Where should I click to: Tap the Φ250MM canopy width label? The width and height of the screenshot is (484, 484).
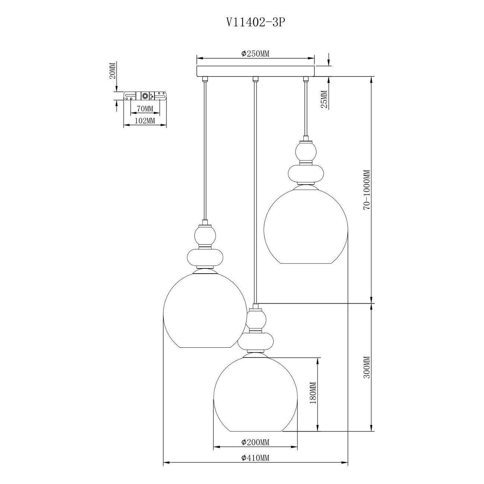coord(255,54)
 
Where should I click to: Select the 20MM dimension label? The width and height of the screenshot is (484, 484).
coord(113,71)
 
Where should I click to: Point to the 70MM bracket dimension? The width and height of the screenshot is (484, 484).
coord(145,109)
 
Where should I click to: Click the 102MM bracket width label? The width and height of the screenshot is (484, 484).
coord(145,121)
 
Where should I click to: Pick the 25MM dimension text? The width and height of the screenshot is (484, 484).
coord(324,99)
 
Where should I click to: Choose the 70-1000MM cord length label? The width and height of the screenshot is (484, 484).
coord(367,190)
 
